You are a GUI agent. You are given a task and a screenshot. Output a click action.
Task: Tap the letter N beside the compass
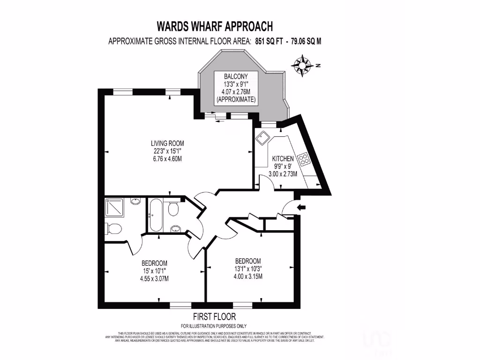click(x=317, y=66)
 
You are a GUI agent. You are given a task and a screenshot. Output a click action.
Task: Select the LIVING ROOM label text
click(x=167, y=143)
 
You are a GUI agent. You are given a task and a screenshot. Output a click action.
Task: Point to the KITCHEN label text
click(x=283, y=158)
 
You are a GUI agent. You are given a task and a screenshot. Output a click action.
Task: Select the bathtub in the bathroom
click(x=155, y=215)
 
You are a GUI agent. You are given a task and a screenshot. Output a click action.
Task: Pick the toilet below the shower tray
click(x=113, y=228)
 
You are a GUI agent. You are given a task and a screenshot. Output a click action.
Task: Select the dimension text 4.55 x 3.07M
click(x=154, y=278)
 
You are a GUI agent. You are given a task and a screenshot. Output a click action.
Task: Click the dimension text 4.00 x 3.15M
click(x=248, y=276)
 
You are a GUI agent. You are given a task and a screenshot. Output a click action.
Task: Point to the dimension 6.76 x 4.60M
click(x=167, y=158)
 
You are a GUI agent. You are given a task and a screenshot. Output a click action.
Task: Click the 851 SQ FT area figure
click(x=270, y=41)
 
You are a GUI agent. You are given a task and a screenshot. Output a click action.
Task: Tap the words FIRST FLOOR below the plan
click(x=214, y=316)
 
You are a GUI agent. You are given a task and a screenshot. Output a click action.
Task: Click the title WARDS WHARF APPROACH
click(x=214, y=26)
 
